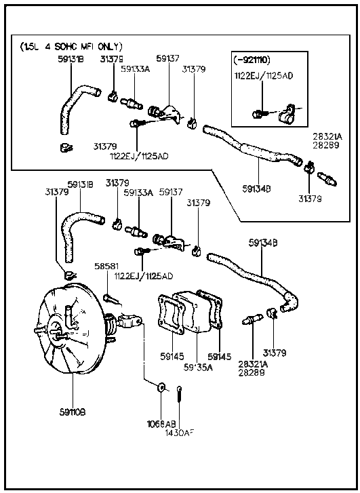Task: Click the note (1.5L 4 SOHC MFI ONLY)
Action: (x=71, y=47)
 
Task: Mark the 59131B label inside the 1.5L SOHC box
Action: (x=71, y=59)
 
